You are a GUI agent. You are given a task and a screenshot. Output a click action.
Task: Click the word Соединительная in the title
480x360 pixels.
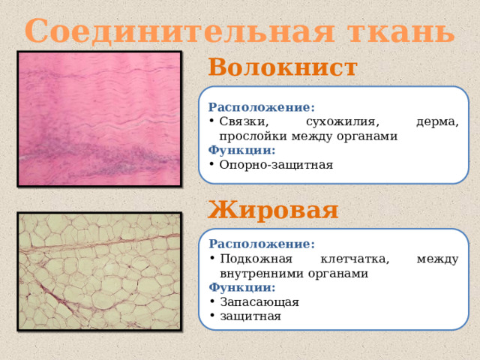[x=178, y=31]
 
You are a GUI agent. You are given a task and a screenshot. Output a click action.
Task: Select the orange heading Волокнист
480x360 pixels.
[x=283, y=67]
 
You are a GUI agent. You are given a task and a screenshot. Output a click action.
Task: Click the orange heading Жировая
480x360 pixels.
[x=274, y=208]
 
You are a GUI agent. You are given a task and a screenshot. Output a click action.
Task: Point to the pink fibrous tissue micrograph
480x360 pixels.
[x=99, y=118]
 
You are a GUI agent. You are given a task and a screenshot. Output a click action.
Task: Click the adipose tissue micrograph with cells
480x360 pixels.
[x=99, y=271]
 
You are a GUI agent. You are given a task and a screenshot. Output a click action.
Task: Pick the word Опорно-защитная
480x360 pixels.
[x=276, y=164]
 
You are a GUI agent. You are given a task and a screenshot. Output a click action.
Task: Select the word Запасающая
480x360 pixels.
[x=259, y=301]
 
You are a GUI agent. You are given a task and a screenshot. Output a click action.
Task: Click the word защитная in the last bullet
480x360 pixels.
[x=250, y=316]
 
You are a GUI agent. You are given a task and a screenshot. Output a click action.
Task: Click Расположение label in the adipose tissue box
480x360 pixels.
[x=262, y=244]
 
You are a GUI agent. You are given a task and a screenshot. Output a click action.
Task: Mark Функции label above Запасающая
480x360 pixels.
[x=241, y=287]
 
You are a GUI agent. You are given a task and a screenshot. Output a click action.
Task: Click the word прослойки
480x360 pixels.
[x=251, y=136]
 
